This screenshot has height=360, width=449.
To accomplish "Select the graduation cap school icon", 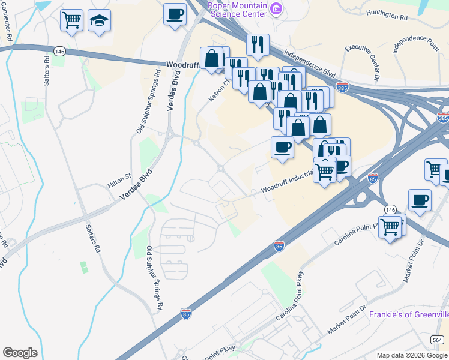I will click(99, 22).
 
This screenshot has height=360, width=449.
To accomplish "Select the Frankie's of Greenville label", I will click(408, 314).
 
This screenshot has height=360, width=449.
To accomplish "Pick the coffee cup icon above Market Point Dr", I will click(420, 201).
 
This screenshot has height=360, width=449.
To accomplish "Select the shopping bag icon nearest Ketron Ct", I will click(212, 59).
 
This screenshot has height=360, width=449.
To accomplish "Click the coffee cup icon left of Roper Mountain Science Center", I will click(175, 14).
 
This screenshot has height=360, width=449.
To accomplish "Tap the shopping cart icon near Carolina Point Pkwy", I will click(390, 227).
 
